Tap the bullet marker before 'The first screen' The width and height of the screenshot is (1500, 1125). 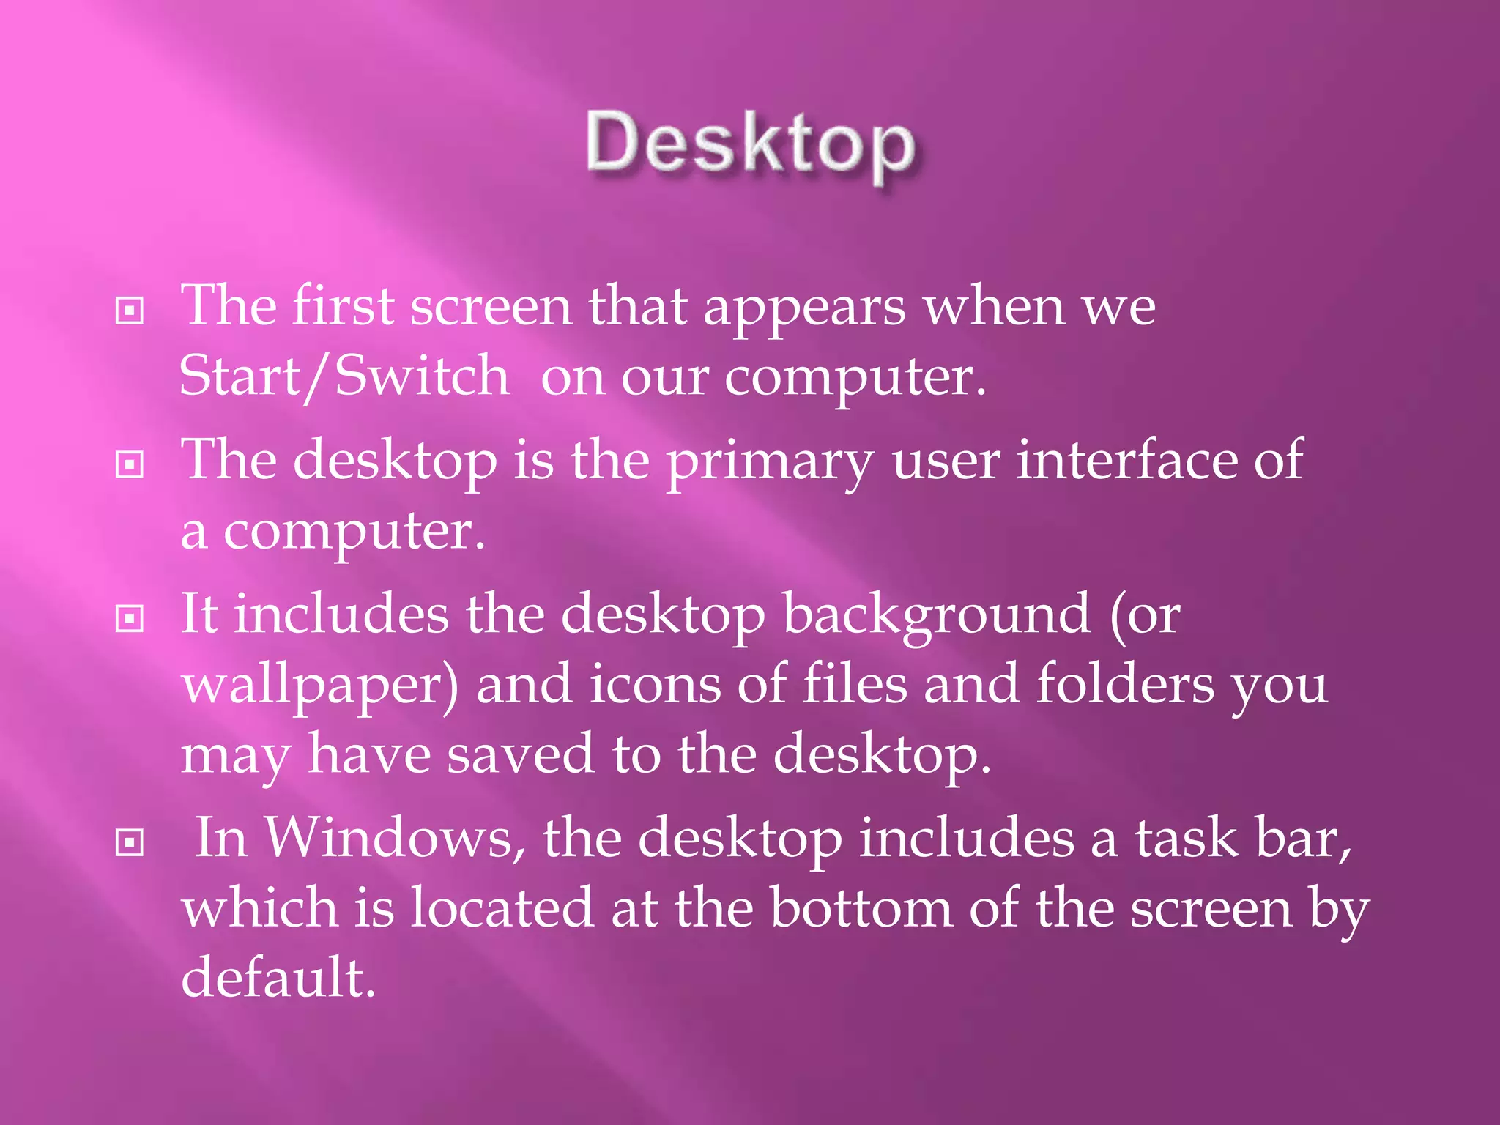[130, 311]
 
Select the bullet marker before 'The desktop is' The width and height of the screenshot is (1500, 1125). [130, 464]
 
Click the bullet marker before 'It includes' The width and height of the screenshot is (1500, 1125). [130, 619]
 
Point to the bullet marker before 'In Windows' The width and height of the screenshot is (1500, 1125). [130, 842]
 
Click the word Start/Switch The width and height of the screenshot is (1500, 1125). [344, 376]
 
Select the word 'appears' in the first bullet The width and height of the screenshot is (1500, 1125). [804, 308]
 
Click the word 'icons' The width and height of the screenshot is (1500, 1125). [655, 684]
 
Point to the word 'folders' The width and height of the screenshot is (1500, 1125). [1125, 684]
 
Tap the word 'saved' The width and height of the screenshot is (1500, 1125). [520, 754]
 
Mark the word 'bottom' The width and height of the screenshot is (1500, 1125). [861, 908]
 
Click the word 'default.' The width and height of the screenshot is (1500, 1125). [278, 978]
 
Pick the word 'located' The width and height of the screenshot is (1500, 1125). [502, 908]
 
